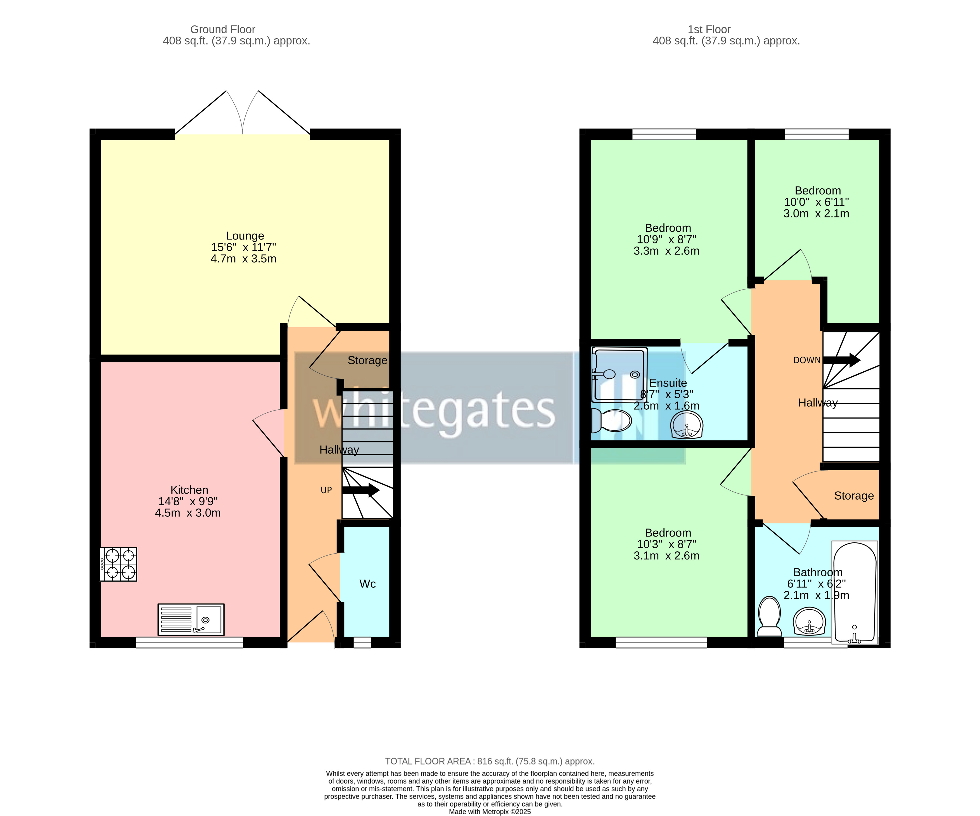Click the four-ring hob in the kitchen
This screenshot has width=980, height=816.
pos(118,564)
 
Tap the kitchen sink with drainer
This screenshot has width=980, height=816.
pos(191,620)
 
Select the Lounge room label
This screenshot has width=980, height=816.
pos(245,236)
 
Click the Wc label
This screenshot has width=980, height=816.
pos(367,584)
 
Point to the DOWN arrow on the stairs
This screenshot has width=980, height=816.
pos(841,360)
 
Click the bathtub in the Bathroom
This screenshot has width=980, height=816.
pos(855,592)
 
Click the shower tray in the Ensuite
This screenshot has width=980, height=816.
pos(619,375)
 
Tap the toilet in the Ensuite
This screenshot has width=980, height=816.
pos(610,421)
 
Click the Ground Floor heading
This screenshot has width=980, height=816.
pos(223,29)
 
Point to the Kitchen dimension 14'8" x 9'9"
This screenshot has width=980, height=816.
pos(188,502)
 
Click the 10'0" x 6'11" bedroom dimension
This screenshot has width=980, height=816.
pos(816,202)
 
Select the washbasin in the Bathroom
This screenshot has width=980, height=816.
pos(809,621)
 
